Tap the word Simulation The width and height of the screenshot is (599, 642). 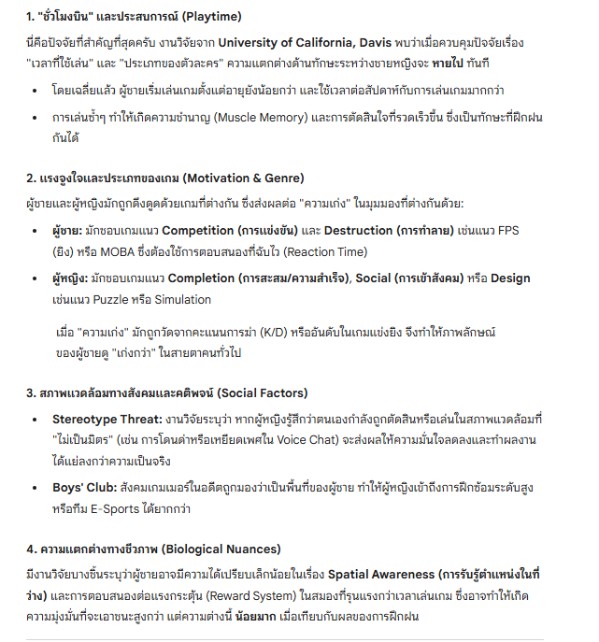[181, 300]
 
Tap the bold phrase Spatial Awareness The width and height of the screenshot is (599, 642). [387, 573]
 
